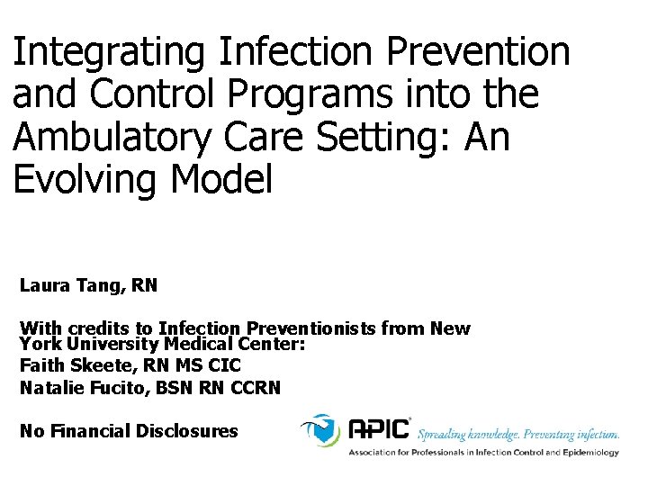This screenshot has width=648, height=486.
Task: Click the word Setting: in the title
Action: pos(391,139)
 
